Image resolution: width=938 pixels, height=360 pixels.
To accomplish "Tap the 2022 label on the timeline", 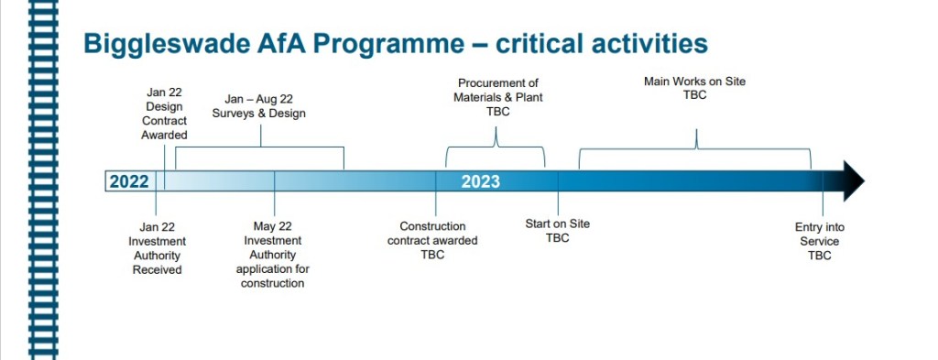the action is (x=129, y=181).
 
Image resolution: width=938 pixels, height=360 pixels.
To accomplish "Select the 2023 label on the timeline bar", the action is (x=480, y=181).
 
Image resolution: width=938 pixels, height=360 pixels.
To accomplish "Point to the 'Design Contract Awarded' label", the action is (x=165, y=114).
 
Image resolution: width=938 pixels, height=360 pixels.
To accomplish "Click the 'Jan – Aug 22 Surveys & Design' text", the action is (x=259, y=106).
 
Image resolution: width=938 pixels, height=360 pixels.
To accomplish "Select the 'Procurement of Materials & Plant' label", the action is (x=497, y=97).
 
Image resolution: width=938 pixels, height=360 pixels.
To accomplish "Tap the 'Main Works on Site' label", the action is (x=694, y=88).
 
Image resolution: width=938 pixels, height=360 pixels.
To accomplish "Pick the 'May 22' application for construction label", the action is (x=273, y=255).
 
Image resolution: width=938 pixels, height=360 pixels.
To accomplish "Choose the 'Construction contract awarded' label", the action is (x=432, y=241).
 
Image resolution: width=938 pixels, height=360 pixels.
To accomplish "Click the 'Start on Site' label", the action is (x=558, y=231).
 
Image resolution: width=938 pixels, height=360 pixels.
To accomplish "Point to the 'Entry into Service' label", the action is (x=820, y=242).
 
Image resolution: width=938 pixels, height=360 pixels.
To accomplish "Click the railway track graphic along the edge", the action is (x=44, y=180).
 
